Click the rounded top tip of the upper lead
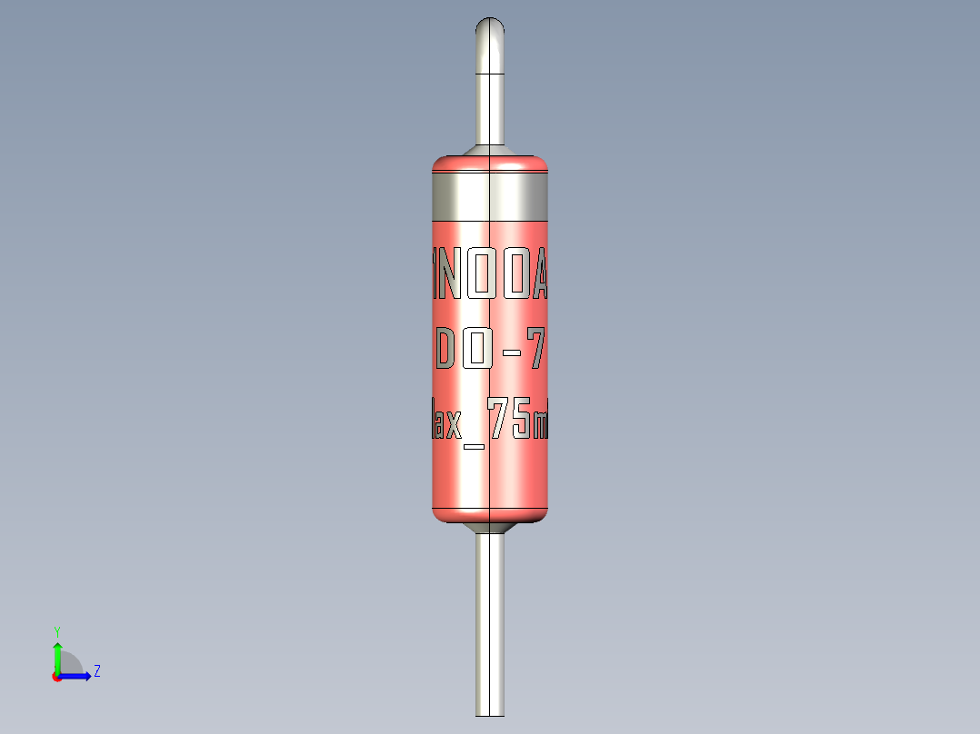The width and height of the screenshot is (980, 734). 490,25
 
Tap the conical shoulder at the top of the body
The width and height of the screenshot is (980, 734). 490,150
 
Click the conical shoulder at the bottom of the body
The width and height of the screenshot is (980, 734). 490,528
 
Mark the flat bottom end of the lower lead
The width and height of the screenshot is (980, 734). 490,714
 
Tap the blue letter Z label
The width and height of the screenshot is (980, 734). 96,671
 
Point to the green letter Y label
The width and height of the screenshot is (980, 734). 56,630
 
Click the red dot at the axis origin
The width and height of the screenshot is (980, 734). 56,677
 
